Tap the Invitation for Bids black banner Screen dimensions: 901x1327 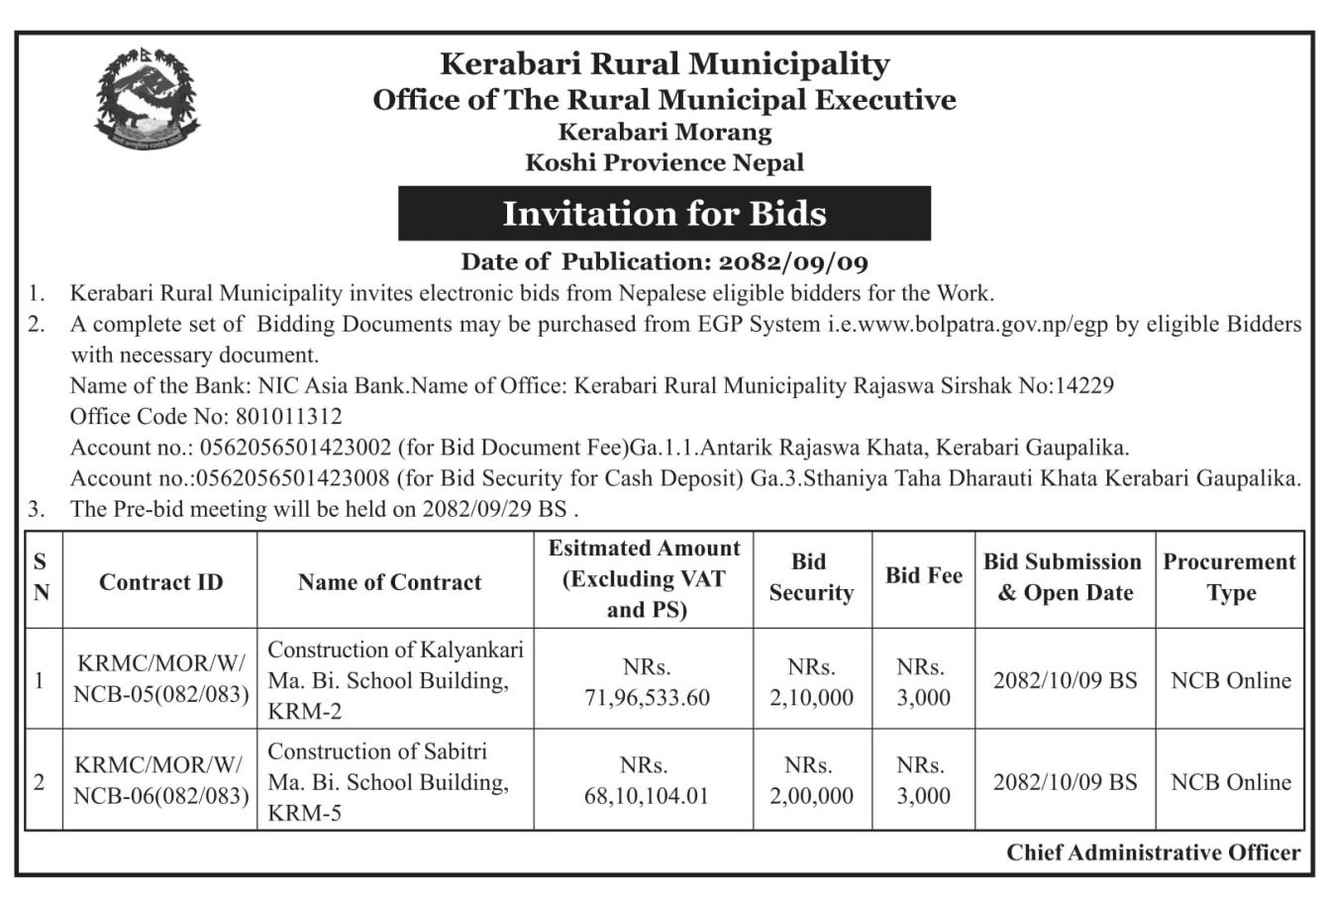(663, 213)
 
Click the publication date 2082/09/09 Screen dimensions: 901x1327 (793, 262)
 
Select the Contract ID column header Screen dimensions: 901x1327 (160, 582)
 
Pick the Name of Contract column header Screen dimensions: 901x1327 (389, 582)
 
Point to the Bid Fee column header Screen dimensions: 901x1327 (923, 576)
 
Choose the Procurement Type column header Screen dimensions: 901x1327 (1229, 577)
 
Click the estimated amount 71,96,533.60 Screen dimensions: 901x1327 (647, 697)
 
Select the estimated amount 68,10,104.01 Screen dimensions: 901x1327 (647, 796)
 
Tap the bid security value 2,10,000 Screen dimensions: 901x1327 (811, 697)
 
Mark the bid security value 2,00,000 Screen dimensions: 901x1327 (811, 796)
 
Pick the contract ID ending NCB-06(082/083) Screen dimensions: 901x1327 (160, 795)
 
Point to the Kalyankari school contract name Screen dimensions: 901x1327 (394, 680)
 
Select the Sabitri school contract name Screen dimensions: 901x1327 (388, 782)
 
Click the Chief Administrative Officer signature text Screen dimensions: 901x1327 (1153, 852)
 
